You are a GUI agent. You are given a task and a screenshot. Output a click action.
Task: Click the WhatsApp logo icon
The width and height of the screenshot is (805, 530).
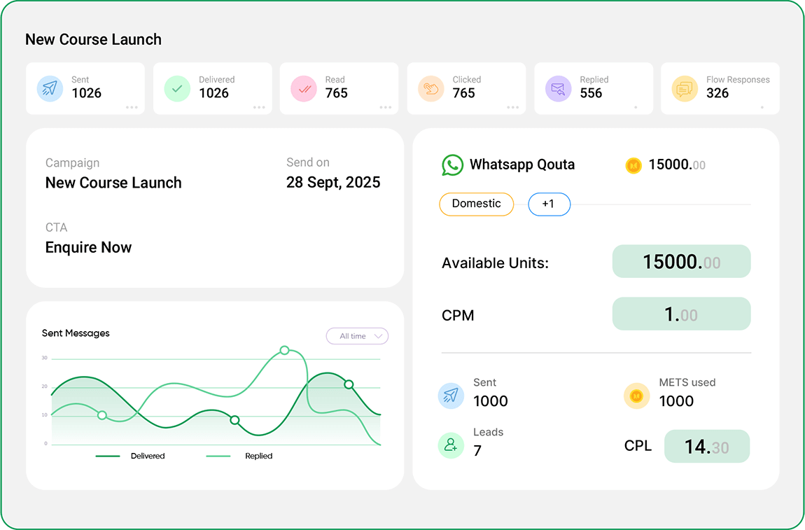click(x=452, y=165)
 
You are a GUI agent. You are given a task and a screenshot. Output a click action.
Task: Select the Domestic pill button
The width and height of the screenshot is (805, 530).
click(x=476, y=204)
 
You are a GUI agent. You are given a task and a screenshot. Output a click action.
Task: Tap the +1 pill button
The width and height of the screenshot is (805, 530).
click(x=549, y=204)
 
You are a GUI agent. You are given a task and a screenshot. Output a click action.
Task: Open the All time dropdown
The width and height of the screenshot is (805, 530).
click(x=357, y=336)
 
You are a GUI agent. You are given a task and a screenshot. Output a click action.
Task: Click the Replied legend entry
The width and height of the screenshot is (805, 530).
click(x=258, y=456)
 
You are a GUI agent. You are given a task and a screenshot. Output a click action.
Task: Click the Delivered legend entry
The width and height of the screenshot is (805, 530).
click(x=147, y=456)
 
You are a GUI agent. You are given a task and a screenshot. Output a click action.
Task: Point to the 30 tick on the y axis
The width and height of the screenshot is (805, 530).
click(x=45, y=358)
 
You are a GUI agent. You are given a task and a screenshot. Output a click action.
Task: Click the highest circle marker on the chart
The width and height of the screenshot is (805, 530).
click(x=284, y=350)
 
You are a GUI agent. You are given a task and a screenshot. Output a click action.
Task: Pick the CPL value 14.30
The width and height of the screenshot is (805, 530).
click(x=706, y=447)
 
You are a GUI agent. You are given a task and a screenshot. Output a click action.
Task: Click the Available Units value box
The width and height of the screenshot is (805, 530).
click(x=681, y=262)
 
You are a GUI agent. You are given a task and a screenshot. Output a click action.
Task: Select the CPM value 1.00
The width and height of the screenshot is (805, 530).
click(x=681, y=314)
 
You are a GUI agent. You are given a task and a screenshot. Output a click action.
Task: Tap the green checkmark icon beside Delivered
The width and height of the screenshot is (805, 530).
click(x=177, y=89)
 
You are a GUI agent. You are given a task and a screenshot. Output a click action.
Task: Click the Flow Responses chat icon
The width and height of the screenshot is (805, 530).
click(x=685, y=89)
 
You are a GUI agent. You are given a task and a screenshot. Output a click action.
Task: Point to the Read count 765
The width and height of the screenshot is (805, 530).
click(x=337, y=93)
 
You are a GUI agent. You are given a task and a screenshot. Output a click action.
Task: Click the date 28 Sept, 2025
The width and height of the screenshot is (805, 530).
click(x=333, y=183)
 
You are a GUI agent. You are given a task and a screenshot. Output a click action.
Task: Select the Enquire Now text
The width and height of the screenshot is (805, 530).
click(x=88, y=247)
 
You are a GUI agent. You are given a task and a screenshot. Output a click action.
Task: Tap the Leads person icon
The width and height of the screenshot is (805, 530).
click(x=451, y=445)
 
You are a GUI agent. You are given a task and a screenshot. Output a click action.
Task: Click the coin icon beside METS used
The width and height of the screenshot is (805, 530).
click(x=636, y=396)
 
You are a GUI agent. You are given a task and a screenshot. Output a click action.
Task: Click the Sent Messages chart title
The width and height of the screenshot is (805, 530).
click(x=76, y=333)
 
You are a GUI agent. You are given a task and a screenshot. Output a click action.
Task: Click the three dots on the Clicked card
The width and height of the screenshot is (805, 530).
click(x=512, y=108)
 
